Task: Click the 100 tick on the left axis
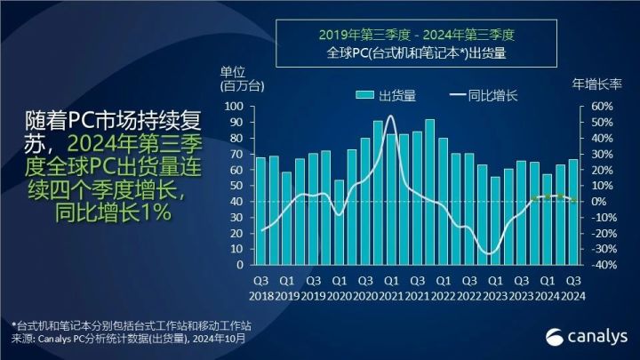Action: click(x=235, y=106)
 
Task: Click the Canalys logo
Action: click(x=587, y=335)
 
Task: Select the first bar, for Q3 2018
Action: click(x=260, y=211)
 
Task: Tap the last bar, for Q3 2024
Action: click(x=574, y=212)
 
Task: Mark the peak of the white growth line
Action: click(x=391, y=116)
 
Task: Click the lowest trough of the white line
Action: click(x=490, y=253)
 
